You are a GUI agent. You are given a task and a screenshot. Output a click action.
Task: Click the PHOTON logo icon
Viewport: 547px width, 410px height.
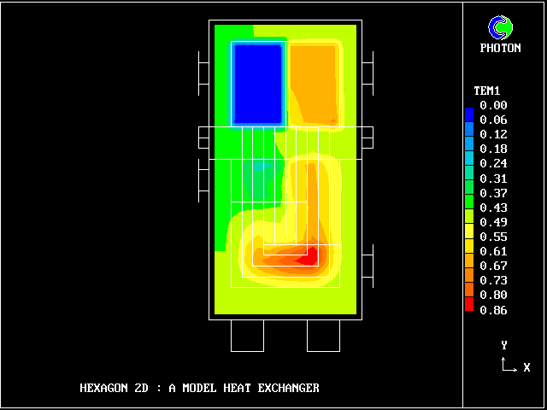(x=501, y=27)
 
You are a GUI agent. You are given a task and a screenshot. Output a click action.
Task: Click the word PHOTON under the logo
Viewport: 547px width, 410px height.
(x=501, y=48)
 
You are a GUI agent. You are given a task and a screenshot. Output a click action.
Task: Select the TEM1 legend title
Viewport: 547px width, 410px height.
(x=487, y=91)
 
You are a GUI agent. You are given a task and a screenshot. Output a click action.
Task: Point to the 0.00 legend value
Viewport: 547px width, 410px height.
(x=493, y=105)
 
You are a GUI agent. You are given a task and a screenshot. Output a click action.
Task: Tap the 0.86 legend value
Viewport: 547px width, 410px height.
(x=493, y=310)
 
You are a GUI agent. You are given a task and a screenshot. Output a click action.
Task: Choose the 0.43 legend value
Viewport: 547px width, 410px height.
(x=493, y=208)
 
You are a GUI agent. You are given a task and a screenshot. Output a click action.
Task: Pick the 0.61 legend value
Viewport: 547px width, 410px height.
(x=493, y=251)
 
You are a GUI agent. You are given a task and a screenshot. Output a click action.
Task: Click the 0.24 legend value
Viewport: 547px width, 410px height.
(x=493, y=163)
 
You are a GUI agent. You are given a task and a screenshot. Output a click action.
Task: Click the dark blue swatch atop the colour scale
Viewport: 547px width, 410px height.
(x=469, y=114)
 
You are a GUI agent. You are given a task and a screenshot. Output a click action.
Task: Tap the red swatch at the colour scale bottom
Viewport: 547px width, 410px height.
(x=469, y=304)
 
